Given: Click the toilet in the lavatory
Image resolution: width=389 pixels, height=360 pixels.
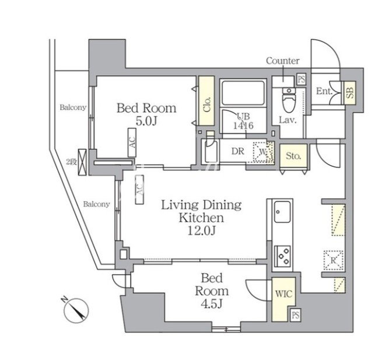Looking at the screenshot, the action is (x=289, y=99).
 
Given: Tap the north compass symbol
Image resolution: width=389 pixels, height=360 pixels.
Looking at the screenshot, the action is (x=76, y=309).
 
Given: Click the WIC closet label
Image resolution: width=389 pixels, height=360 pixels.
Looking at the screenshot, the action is (x=284, y=294).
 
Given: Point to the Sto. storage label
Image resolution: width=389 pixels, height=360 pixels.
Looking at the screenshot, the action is (x=293, y=156).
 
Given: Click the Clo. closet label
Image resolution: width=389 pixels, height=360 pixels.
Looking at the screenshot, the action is (x=206, y=104).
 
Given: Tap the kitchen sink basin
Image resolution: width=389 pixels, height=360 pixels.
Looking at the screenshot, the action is (x=282, y=212).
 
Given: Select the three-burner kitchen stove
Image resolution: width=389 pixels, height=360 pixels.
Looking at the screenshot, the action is (x=283, y=256).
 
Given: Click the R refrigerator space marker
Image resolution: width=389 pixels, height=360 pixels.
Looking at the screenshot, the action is (x=334, y=260).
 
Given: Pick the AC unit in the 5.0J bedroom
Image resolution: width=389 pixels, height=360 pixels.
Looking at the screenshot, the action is (x=132, y=142).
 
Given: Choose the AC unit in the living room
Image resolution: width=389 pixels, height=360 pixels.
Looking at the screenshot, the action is (x=139, y=190).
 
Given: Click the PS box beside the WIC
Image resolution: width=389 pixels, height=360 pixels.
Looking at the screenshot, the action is (x=295, y=316).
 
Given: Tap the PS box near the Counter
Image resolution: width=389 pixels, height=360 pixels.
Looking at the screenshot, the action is (x=302, y=80).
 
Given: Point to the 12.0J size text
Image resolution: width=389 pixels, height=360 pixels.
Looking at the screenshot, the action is (x=201, y=231).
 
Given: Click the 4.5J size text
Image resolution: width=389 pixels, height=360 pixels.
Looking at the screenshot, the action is (x=211, y=303).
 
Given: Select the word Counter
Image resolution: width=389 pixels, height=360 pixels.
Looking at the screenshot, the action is (x=283, y=61).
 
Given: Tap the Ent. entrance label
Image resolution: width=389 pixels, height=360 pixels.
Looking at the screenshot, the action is (x=324, y=91).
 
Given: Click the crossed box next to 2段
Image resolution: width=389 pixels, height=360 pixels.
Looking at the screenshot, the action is (x=82, y=162).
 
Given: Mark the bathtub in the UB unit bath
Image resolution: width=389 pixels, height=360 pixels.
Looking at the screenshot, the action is (x=243, y=93).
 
